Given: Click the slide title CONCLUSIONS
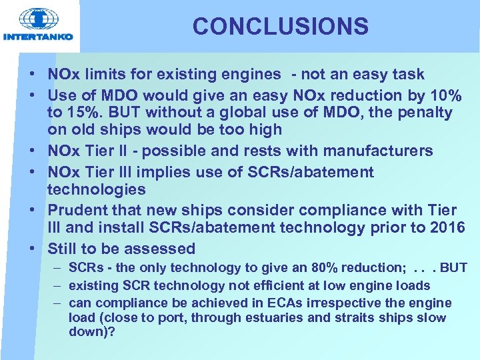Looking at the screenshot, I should tap(280, 27).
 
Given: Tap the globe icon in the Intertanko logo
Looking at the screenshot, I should tap(39, 18).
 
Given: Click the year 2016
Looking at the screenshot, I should tap(447, 228).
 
